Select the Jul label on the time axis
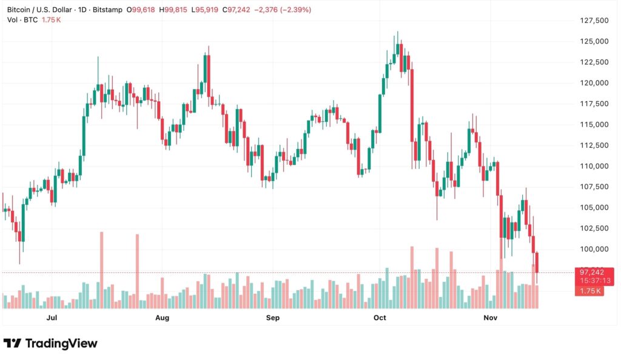pos(52,318)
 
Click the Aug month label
pos(162,318)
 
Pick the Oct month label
pos(380,318)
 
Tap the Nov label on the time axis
pos(490,318)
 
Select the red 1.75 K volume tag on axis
pos(590,291)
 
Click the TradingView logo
pos(51,343)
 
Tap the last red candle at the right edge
pos(537,263)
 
